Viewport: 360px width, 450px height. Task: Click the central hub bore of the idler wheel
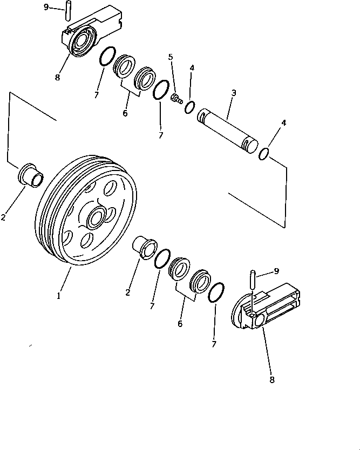[97, 218]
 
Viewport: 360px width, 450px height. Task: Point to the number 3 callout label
[233, 93]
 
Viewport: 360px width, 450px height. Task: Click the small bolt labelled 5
[175, 98]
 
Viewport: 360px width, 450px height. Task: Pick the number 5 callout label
[171, 57]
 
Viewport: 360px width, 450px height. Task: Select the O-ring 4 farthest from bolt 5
[264, 154]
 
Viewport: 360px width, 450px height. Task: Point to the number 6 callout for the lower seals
[180, 323]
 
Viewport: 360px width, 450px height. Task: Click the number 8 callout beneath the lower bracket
[271, 380]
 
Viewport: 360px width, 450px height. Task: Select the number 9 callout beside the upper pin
[46, 7]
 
